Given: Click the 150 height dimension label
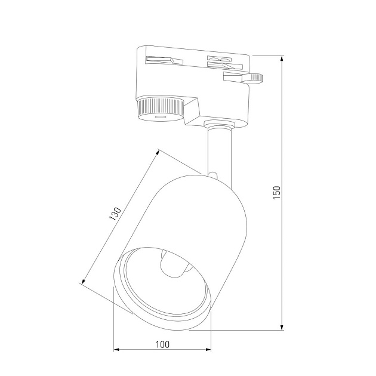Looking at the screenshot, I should [x=276, y=192].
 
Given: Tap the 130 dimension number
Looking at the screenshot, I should [x=115, y=215].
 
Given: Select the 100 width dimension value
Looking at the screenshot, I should [x=162, y=344].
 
